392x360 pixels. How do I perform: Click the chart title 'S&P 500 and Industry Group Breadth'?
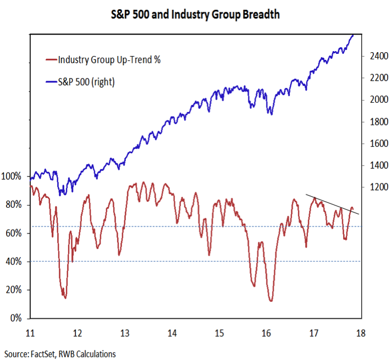point(196,15)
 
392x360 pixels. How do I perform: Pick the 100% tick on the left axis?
point(12,176)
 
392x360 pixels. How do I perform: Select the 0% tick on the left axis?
point(15,318)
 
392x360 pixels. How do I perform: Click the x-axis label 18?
point(361,333)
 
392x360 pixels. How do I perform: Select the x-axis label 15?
point(219,333)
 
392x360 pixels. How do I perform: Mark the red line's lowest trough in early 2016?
point(271,301)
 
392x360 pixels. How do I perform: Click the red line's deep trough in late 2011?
point(65,297)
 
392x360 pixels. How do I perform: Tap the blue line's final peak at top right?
point(352,35)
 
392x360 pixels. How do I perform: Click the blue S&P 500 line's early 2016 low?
point(270,114)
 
